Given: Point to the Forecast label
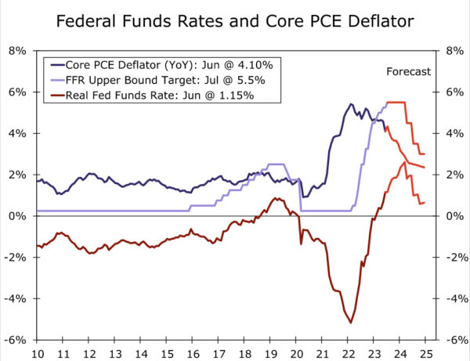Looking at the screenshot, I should coord(408,72).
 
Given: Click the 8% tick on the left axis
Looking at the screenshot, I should coord(16,51).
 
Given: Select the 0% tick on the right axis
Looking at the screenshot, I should coord(454,216).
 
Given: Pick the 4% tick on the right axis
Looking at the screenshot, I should coord(454,133).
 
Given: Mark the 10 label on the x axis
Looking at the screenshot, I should coord(37,353).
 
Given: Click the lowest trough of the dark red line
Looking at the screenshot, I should coord(350,322).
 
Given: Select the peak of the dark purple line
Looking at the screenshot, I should coord(350,103).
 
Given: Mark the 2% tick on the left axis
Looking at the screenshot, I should coord(16,175).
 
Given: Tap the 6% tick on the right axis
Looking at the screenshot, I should coord(454,92).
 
